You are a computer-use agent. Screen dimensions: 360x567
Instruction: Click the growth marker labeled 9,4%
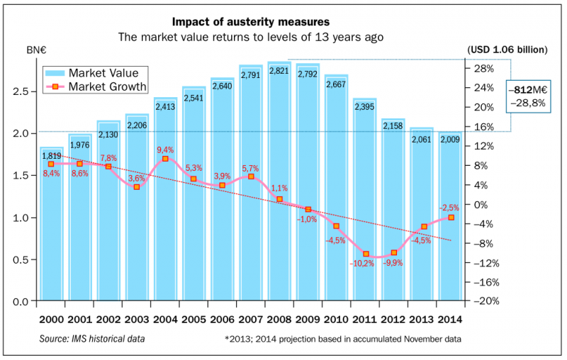(165, 159)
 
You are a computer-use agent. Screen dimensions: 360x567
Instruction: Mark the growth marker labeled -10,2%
(366, 254)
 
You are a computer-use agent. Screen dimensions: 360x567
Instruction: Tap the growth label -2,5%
(449, 207)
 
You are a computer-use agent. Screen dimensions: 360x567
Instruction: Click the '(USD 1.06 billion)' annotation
(507, 50)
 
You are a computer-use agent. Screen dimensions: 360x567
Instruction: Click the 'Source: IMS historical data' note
(92, 339)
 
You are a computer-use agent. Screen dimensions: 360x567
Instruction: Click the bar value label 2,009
(450, 140)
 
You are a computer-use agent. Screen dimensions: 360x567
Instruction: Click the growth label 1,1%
(279, 189)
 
